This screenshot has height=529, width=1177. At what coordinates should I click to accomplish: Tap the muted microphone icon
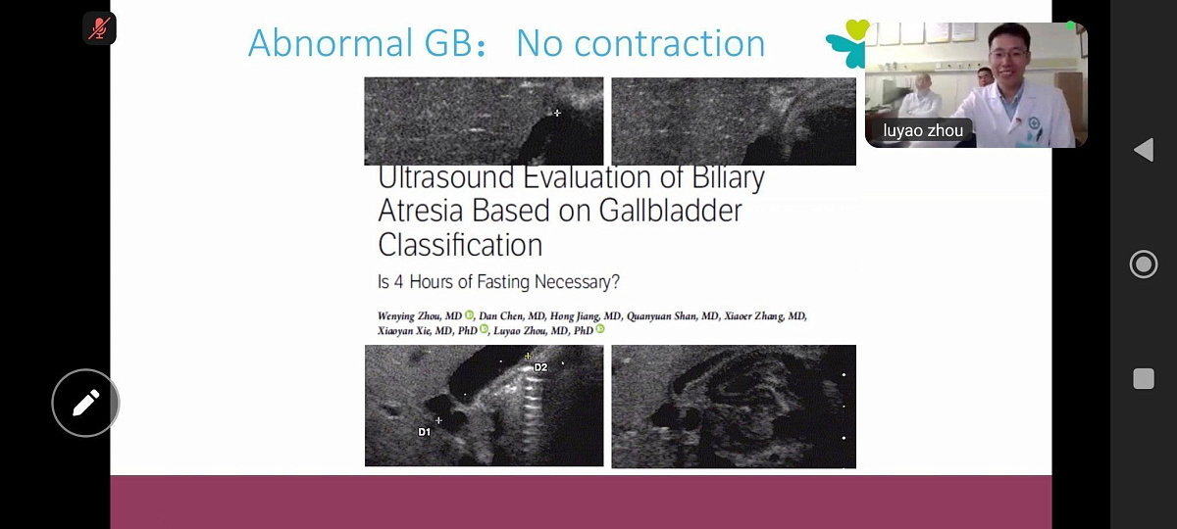coord(99,27)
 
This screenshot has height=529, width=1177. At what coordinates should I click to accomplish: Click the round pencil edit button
coord(85,403)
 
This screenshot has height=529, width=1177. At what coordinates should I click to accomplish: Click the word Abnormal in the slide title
coord(331,43)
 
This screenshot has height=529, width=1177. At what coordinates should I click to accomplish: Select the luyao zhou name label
coord(923,130)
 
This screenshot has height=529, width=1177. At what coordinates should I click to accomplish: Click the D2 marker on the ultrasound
coord(540,367)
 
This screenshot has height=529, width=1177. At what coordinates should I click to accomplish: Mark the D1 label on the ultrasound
coord(424,432)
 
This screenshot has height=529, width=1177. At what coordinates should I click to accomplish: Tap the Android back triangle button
coord(1144,150)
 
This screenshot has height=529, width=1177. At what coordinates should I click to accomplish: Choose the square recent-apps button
coord(1144,378)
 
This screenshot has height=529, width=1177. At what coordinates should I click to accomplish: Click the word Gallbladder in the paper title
coord(670,211)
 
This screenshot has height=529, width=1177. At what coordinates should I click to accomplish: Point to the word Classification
coord(460,245)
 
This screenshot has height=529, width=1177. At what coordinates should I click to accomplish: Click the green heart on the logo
coord(856,28)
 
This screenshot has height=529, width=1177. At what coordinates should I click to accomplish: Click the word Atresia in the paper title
coord(420,211)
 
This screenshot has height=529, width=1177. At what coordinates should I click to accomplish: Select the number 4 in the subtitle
coord(398,282)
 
